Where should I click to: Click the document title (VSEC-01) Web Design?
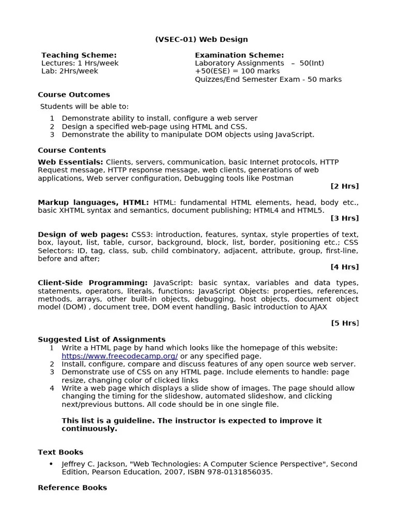201,39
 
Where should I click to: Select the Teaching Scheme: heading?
79,55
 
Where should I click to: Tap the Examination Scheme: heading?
239,55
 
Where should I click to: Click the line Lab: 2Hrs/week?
69,71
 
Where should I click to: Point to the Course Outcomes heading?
74,95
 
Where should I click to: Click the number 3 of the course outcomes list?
52,135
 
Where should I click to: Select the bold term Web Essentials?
70,162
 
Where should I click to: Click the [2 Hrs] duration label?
344,186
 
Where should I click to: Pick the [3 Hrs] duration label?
344,218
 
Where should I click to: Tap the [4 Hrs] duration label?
344,267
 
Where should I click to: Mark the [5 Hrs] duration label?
344,323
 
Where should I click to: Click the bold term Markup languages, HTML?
93,202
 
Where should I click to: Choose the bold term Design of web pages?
83,234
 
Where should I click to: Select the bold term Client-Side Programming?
93,283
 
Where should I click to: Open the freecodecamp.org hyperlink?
119,356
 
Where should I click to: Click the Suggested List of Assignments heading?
101,340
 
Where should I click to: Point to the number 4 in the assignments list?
52,388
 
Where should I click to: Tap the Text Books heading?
60,452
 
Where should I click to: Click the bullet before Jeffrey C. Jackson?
51,464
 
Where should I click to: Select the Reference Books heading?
72,488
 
